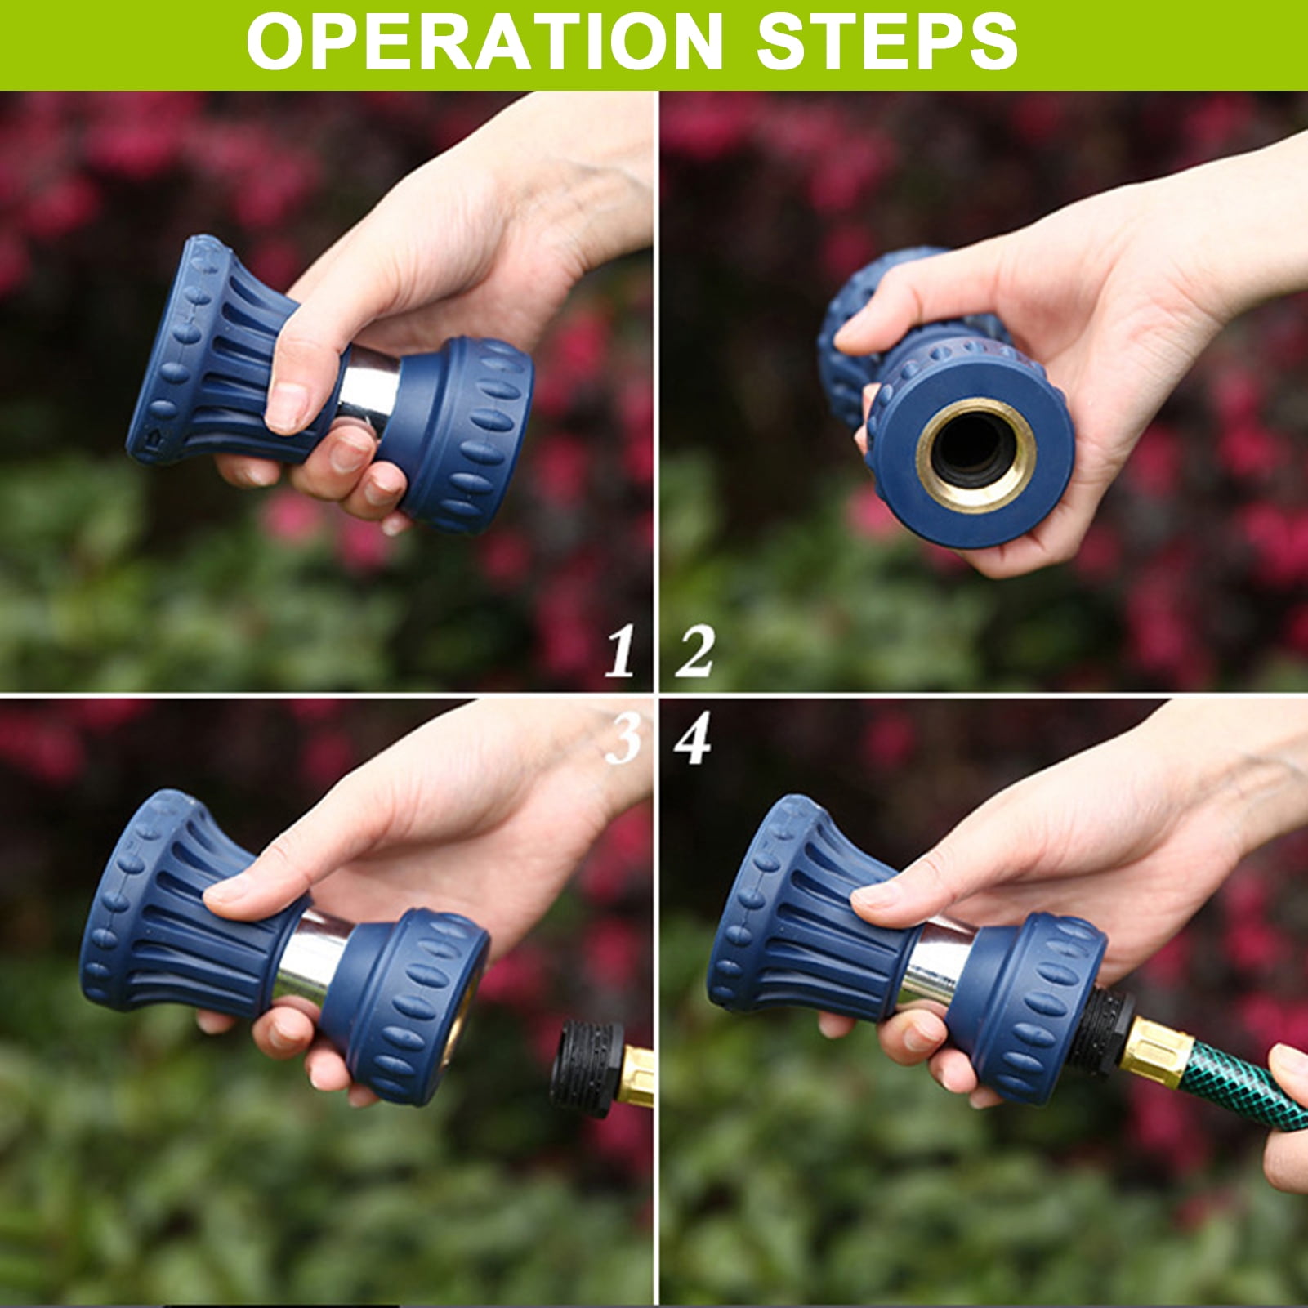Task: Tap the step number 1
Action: coord(621,652)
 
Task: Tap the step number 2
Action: coord(695,652)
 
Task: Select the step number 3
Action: coord(623,740)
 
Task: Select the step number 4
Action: coord(693,740)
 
